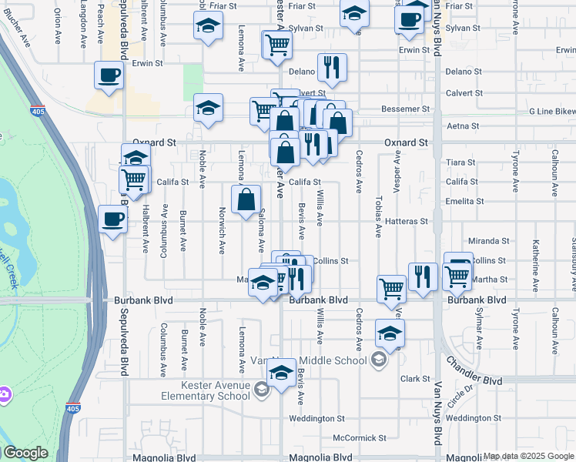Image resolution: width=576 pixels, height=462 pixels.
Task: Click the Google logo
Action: pos(25,453)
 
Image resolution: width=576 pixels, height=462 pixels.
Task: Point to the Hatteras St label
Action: pos(407,221)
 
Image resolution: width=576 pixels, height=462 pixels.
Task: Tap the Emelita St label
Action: pos(464,201)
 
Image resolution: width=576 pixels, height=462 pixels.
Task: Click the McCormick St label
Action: pos(360,437)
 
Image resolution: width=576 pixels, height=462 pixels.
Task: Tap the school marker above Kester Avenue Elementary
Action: pos(282,373)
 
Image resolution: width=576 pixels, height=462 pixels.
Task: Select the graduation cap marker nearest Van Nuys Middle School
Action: pos(390,333)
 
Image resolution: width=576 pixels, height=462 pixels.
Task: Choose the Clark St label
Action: pos(414,379)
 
